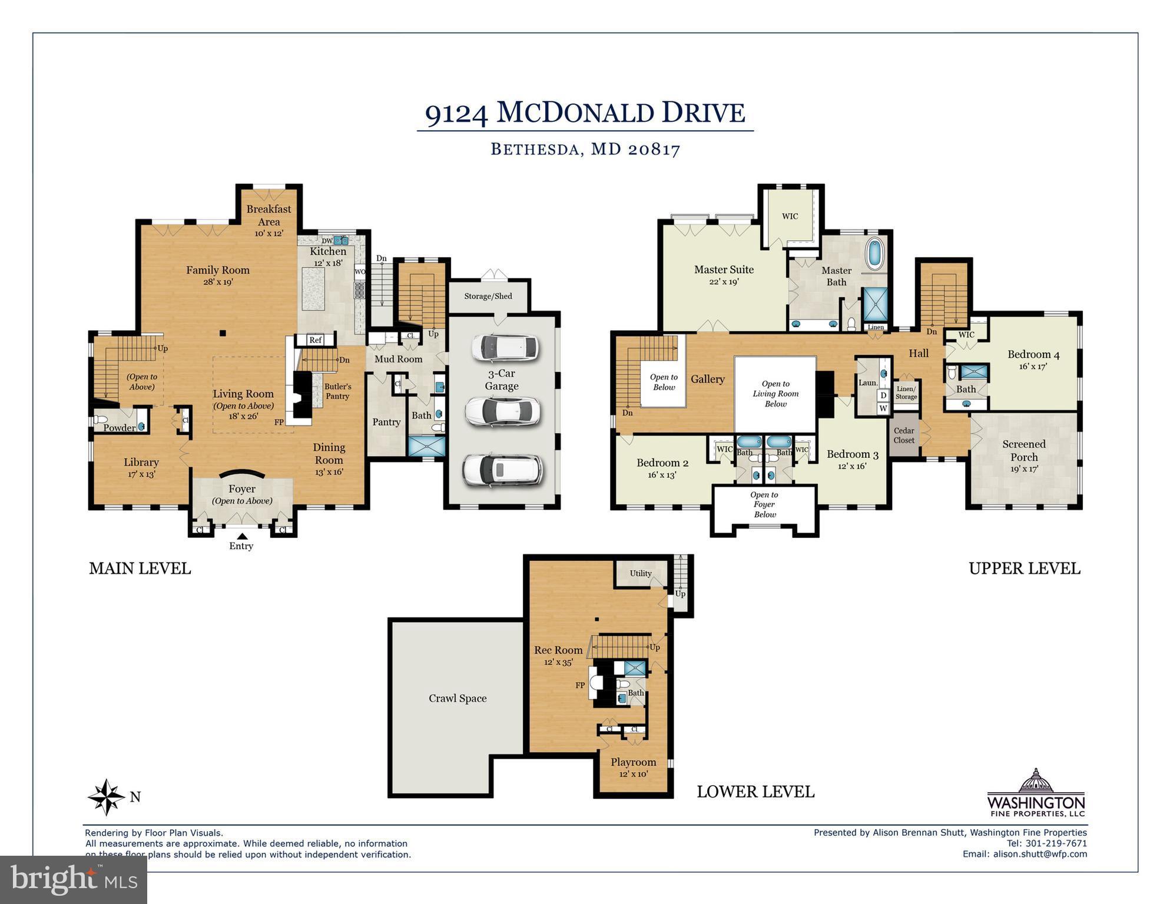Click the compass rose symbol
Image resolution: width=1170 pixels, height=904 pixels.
point(107,797)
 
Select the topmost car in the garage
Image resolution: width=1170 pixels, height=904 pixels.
point(505,348)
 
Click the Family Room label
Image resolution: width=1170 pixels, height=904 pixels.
point(218,270)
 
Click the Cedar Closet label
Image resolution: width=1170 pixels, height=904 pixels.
point(904,436)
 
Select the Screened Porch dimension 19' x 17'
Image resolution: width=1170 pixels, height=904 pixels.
point(1024,469)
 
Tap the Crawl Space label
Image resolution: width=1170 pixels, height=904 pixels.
point(458,699)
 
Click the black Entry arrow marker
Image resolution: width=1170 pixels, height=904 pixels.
point(241,536)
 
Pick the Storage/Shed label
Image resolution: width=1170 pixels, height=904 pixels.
point(488,296)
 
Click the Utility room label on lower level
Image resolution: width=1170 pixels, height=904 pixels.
point(641,573)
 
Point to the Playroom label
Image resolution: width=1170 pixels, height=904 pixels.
point(633,762)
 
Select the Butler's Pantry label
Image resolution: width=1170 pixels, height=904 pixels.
point(337,391)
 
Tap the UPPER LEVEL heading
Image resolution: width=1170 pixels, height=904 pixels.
point(1024,569)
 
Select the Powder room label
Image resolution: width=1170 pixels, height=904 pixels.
point(119,428)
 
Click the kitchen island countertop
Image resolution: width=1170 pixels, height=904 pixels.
point(314,288)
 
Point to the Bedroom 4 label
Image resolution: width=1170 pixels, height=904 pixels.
point(1033,354)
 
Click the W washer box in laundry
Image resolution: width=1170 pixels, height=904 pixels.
point(883,408)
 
